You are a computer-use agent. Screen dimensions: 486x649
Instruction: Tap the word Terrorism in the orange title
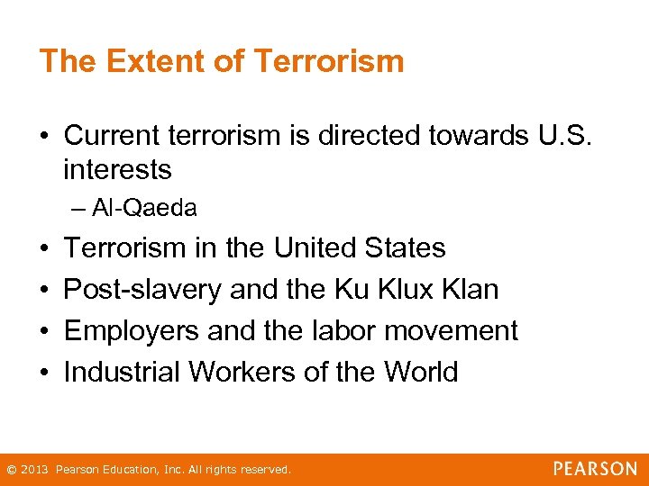(329, 61)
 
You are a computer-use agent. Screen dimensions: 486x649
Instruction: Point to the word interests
(117, 168)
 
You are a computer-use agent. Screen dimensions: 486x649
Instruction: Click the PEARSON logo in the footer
(595, 469)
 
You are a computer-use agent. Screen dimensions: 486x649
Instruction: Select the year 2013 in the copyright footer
(35, 470)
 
